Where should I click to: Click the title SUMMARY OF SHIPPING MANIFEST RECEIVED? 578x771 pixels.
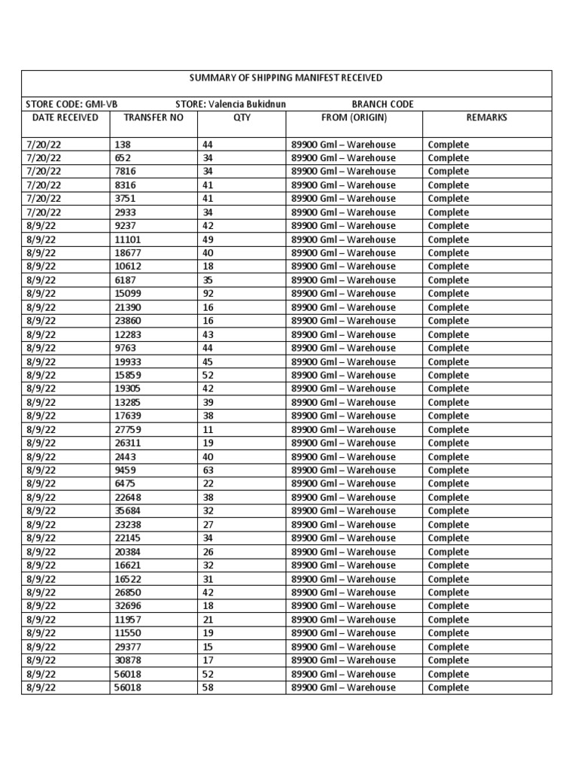point(286,78)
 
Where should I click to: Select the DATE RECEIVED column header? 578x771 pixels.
point(65,118)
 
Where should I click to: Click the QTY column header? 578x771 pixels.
point(241,118)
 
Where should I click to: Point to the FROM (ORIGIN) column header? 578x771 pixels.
point(354,118)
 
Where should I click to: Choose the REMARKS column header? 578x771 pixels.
point(486,118)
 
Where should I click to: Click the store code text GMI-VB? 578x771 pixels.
point(102,104)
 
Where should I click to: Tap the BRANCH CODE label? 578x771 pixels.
point(382,104)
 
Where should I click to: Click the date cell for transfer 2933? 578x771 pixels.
point(44,212)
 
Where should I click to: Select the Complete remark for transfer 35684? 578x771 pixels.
point(448,511)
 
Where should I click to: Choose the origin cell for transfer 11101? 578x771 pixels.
point(342,239)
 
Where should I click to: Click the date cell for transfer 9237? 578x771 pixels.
point(41,226)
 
